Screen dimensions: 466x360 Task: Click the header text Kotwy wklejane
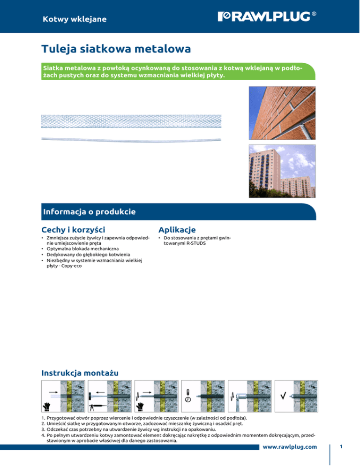[x=74, y=19]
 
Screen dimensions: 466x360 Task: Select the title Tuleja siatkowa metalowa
[x=115, y=49]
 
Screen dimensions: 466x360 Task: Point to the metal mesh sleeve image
[x=131, y=121]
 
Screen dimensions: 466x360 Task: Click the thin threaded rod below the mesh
[x=131, y=138]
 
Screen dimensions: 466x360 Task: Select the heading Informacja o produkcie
[x=89, y=211]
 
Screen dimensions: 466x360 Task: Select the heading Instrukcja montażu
[x=80, y=373]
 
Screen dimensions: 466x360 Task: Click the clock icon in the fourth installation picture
[x=187, y=399]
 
